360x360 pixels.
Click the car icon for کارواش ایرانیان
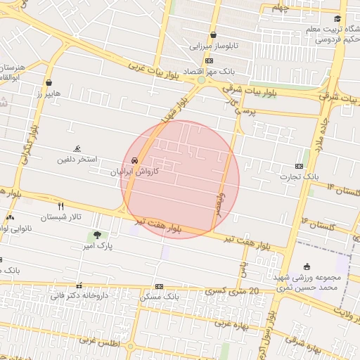[134, 160]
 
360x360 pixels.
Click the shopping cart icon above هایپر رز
[49, 81]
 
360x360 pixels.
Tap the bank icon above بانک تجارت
[300, 166]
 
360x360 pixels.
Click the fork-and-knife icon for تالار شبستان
[61, 206]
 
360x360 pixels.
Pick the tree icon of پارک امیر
[96, 234]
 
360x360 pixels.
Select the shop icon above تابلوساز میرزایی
[213, 35]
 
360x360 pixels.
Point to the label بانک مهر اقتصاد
[203, 72]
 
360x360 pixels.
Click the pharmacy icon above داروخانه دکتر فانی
[79, 285]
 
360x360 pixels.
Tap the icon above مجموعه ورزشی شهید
[307, 266]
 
